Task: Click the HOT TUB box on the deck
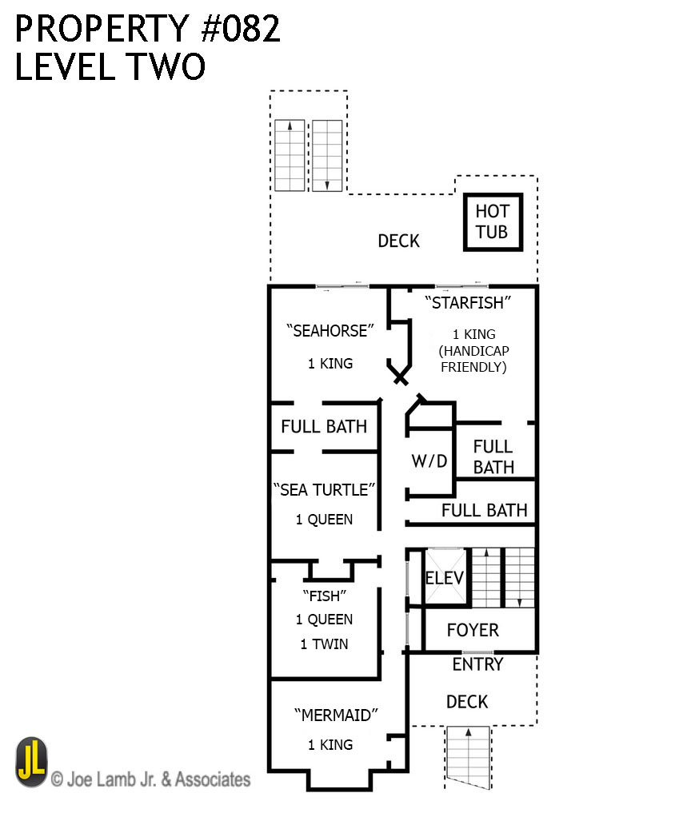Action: point(492,222)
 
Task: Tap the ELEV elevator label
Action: point(440,578)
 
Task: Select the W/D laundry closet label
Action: point(429,461)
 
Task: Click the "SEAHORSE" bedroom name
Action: point(320,331)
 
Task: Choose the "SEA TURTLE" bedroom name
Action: point(324,489)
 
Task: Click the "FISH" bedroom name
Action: point(324,595)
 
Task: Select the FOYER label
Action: point(473,630)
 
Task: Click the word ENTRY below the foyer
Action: point(477,664)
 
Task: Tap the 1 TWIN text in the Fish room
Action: point(324,644)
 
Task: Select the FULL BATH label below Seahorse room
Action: point(324,426)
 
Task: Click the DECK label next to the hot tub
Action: point(398,241)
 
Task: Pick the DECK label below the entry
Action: point(467,701)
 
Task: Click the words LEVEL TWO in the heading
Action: point(110,67)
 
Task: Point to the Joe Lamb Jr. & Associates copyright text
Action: point(151,779)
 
